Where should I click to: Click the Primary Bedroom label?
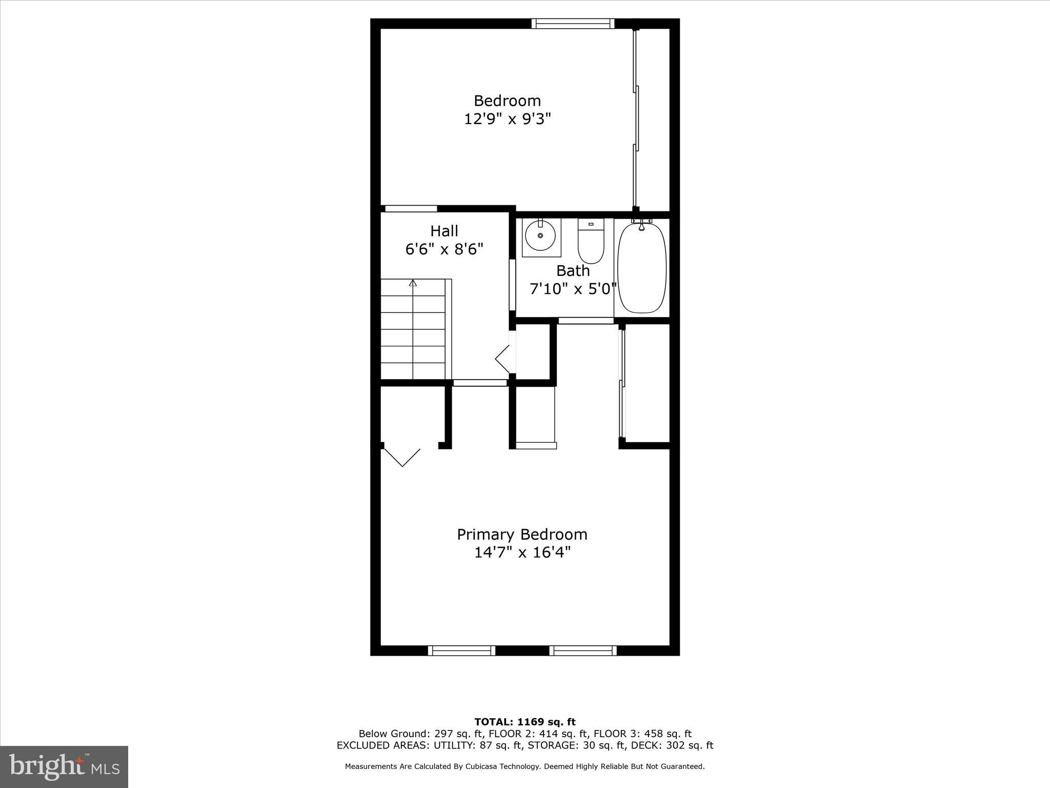[x=522, y=535]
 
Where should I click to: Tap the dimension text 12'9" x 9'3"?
[x=507, y=119]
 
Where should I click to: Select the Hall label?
[x=444, y=231]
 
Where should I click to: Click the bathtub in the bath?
[x=642, y=267]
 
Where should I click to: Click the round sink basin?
[x=540, y=235]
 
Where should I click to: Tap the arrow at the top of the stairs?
[x=413, y=283]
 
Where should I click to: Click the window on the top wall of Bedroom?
[x=573, y=23]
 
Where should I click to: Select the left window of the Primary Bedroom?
[x=461, y=651]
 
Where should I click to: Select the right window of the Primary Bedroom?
[x=583, y=651]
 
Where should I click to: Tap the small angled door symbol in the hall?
[x=503, y=359]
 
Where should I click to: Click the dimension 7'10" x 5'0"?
[x=572, y=289]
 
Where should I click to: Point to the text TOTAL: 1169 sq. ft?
[x=525, y=722]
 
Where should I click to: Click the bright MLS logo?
[x=64, y=766]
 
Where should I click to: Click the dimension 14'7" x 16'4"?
[x=522, y=553]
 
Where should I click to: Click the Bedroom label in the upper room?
[x=507, y=101]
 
